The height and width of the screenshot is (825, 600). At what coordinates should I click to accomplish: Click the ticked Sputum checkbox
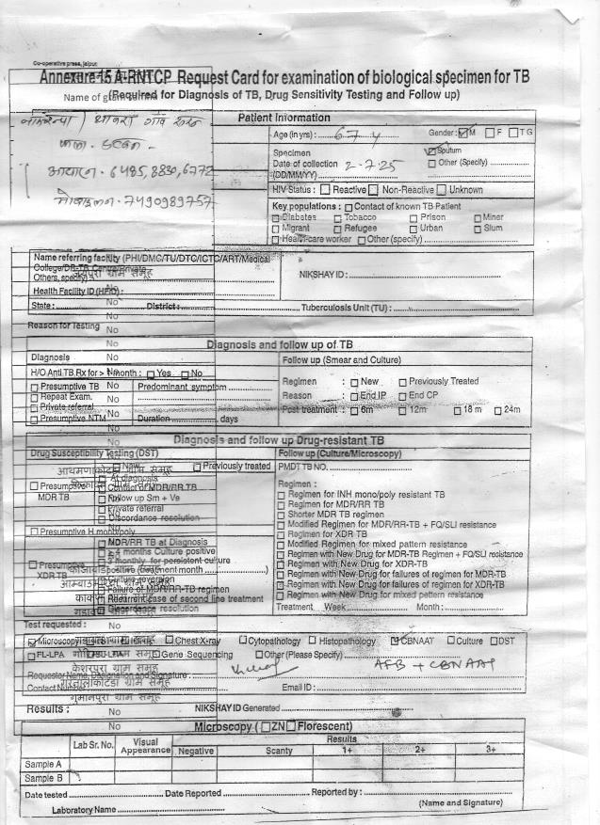(x=430, y=150)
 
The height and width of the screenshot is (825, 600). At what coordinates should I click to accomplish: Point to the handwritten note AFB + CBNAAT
(x=418, y=665)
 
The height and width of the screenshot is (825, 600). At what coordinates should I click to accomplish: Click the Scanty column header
(x=279, y=751)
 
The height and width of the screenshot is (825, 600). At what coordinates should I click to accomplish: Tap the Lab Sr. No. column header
(x=94, y=746)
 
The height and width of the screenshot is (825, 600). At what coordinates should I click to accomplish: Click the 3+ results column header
(x=490, y=750)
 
